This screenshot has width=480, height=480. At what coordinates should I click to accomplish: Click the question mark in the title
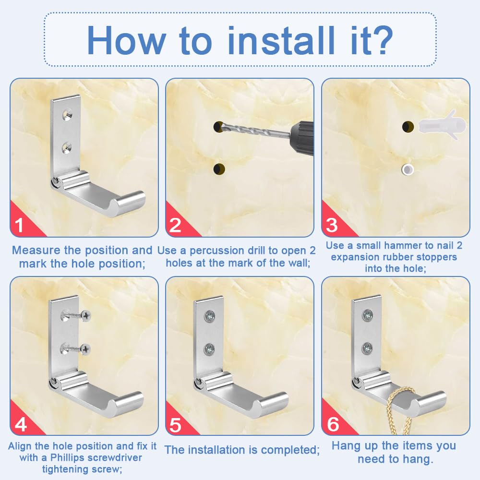(x=380, y=40)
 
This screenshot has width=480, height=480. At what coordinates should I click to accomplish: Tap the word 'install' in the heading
(x=281, y=40)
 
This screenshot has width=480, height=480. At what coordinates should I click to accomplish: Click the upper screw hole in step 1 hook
(x=67, y=115)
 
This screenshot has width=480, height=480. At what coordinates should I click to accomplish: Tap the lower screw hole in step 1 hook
(x=67, y=148)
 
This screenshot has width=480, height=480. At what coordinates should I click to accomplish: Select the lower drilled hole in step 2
(x=219, y=169)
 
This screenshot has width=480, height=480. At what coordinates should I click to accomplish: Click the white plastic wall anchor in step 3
(x=442, y=125)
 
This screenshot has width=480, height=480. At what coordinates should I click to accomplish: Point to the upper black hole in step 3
(x=408, y=126)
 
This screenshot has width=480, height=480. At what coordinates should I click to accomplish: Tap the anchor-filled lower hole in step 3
(x=408, y=169)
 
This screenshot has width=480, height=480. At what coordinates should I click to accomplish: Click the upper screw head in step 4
(x=86, y=315)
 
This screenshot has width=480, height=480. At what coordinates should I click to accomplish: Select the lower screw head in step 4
(x=86, y=349)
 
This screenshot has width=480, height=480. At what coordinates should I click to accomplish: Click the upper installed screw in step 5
(x=210, y=316)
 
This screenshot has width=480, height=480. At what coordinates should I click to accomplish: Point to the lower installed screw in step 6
(x=367, y=348)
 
